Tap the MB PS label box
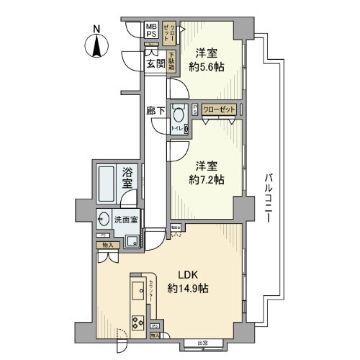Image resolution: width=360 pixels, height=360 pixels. [x=152, y=30]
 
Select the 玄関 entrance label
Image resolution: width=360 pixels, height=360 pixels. [x=156, y=63]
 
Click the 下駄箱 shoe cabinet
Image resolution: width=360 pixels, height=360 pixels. [x=172, y=60]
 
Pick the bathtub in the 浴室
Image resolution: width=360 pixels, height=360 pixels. [x=107, y=186]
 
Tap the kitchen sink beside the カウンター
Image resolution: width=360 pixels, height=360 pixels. [x=136, y=294]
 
